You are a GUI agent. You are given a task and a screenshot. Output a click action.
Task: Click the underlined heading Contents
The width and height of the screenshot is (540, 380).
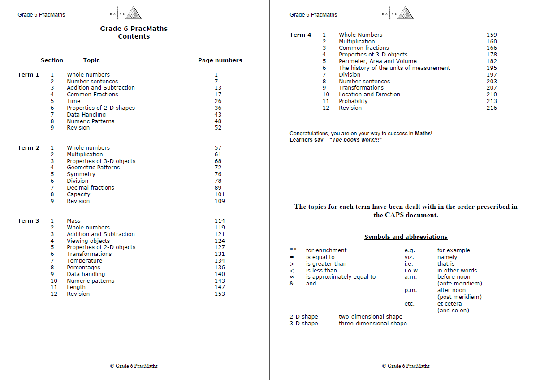[134, 37]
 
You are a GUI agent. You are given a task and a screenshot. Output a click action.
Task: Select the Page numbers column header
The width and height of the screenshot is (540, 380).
[220, 60]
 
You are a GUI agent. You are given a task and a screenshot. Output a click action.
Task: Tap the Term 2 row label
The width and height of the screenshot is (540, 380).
[28, 148]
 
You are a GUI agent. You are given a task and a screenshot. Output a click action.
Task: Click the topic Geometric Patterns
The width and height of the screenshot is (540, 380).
[93, 168]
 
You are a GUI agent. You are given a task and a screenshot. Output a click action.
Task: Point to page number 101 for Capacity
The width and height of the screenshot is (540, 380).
[220, 194]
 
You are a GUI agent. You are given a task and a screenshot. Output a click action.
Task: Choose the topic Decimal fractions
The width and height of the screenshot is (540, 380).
[91, 188]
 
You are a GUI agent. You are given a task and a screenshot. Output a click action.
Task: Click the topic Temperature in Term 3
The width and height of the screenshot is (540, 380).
[84, 261]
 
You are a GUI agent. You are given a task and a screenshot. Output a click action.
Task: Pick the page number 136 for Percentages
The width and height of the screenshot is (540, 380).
[220, 268]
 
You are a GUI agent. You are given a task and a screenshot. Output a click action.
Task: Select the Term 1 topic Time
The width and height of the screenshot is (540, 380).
[73, 101]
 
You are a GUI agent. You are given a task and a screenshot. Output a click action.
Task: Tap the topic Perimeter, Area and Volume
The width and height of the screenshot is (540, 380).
[377, 61]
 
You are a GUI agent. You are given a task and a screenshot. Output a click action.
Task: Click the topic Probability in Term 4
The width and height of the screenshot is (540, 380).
[353, 101]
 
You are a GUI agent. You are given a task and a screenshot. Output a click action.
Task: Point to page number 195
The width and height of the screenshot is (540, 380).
[492, 68]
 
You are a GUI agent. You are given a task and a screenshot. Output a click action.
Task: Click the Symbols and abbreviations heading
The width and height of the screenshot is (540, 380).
[406, 237]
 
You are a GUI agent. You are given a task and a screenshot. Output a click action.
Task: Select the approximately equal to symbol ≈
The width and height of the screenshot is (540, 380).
[292, 277]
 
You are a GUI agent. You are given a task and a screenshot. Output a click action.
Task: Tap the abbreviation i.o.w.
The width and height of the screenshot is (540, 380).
[412, 271]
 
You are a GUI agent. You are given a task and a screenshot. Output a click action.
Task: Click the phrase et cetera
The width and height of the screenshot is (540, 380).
[449, 304]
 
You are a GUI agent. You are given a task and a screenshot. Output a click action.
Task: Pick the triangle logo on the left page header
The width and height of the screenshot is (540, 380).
[133, 13]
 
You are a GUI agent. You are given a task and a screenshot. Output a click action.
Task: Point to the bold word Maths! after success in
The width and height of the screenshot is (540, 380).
[423, 134]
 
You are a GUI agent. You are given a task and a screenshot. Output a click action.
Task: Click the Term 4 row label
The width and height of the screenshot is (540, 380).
[300, 35]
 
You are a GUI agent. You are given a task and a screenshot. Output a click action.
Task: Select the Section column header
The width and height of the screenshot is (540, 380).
[52, 60]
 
